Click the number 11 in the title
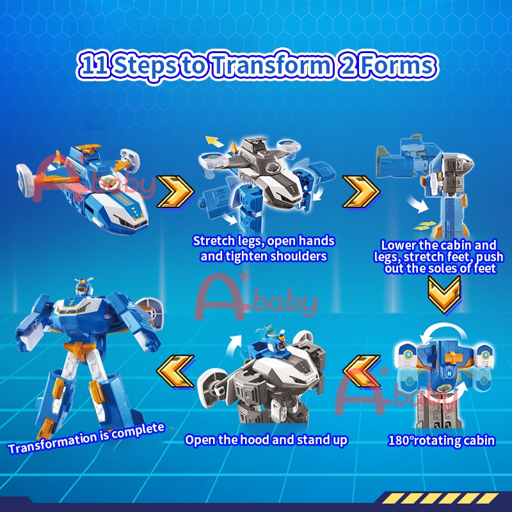tap(94, 65)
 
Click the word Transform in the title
tap(271, 65)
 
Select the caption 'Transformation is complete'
tap(86, 438)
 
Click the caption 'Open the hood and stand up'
tap(266, 440)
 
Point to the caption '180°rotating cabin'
tap(441, 440)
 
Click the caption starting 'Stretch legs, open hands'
tap(264, 248)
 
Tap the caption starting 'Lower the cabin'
tap(439, 257)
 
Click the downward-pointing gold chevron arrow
tap(444, 294)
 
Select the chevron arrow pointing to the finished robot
tap(175, 371)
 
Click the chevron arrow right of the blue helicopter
tap(175, 191)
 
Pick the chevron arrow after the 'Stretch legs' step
tap(361, 191)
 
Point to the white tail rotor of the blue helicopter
tap(25, 180)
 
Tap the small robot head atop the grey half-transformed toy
tap(275, 341)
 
